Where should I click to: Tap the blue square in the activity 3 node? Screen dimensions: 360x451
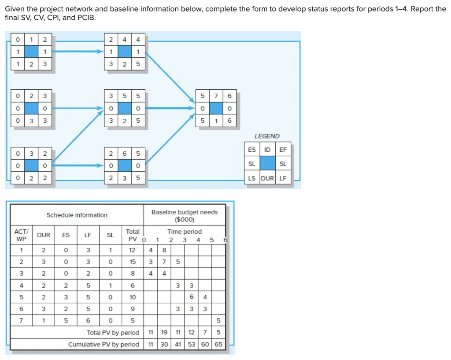pos(31,165)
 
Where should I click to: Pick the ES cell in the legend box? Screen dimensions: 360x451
pos(252,150)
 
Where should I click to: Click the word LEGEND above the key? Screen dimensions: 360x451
pos(267,136)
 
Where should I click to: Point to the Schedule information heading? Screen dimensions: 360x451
pos(77,215)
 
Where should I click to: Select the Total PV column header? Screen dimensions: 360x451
pos(132,235)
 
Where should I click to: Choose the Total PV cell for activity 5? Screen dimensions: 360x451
pos(132,297)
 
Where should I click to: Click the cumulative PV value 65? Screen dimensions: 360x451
pos(218,344)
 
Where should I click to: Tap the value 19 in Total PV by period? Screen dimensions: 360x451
pos(164,333)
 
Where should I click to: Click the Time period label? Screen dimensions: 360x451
pos(185,231)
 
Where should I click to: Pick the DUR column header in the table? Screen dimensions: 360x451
pos(44,235)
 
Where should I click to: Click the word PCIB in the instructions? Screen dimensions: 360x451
pos(86,18)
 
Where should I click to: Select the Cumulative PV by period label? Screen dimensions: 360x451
pos(104,344)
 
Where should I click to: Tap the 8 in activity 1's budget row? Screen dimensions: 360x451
pos(164,250)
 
